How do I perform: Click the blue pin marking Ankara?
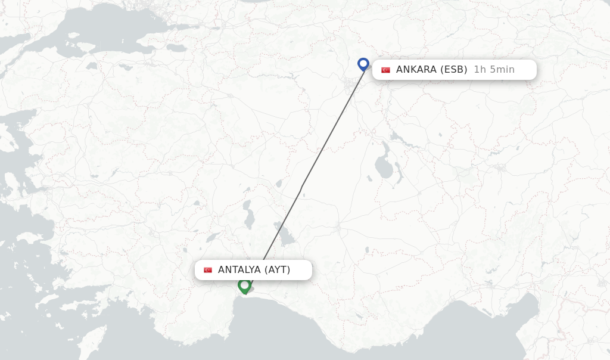[x=363, y=64]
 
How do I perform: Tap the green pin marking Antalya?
[x=244, y=285]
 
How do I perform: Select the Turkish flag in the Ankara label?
[x=385, y=70]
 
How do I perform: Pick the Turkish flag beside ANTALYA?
[x=208, y=270]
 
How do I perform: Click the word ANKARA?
[x=416, y=70]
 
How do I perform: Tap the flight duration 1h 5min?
[x=494, y=70]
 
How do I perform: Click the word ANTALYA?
[x=239, y=270]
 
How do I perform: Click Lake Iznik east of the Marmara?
[x=177, y=47]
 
